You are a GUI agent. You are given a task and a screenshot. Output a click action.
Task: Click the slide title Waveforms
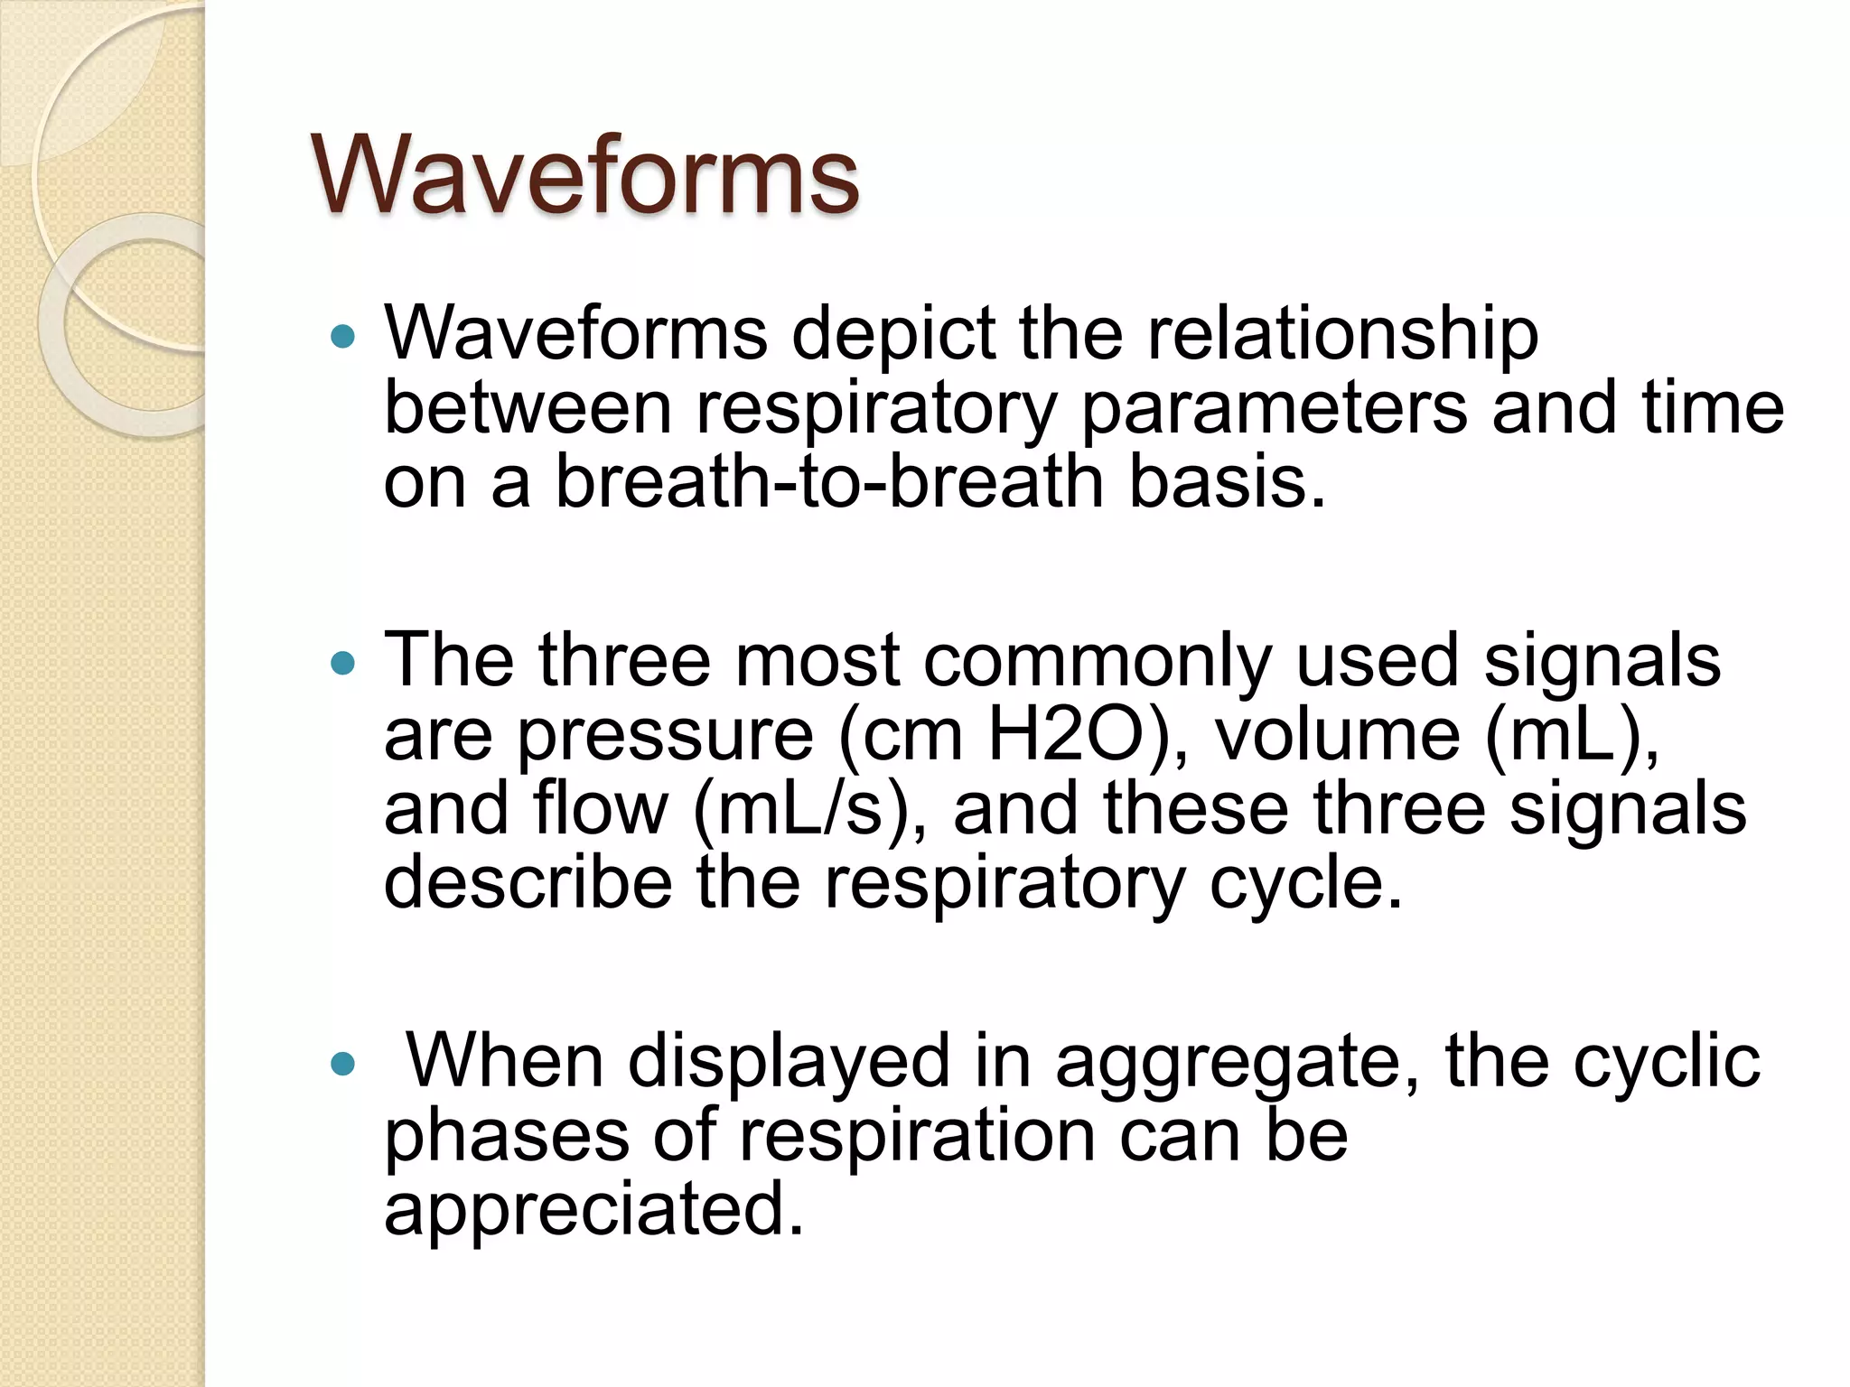point(585,174)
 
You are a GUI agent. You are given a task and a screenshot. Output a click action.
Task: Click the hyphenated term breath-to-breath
point(829,481)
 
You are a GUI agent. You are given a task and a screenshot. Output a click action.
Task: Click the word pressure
point(666,735)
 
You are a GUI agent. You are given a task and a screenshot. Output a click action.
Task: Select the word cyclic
point(1666,1062)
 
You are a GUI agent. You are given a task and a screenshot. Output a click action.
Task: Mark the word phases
point(507,1136)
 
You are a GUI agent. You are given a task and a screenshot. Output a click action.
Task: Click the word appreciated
point(593,1210)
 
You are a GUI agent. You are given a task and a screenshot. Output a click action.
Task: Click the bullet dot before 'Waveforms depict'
point(343,337)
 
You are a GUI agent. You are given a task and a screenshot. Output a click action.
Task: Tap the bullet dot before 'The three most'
point(343,664)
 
